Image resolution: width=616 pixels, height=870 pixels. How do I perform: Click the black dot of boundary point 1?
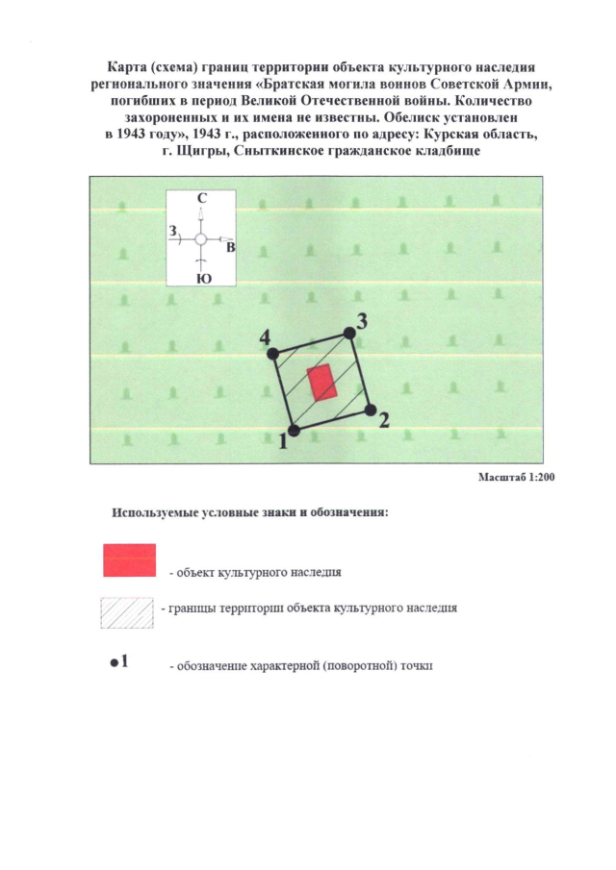(295, 431)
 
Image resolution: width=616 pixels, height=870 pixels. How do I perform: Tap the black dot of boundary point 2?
(371, 410)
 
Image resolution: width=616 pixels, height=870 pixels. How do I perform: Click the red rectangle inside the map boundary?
(321, 382)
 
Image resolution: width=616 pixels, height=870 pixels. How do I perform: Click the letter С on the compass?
(200, 199)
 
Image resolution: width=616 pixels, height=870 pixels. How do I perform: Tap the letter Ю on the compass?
(202, 279)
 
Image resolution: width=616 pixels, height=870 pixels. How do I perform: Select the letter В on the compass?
(231, 248)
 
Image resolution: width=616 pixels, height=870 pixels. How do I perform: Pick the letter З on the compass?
(172, 232)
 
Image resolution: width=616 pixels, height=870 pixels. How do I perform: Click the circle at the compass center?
(200, 238)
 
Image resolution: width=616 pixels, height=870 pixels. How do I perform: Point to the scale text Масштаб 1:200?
(517, 477)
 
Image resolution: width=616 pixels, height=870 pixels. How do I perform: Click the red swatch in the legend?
(129, 559)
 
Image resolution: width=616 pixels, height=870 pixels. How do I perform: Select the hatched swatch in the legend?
(127, 611)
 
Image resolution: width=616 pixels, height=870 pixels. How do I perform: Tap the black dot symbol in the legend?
(114, 663)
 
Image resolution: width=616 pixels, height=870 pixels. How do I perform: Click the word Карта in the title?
(128, 63)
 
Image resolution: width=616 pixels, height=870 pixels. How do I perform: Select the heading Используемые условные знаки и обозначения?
(250, 511)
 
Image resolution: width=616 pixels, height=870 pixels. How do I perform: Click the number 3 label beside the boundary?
(361, 321)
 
